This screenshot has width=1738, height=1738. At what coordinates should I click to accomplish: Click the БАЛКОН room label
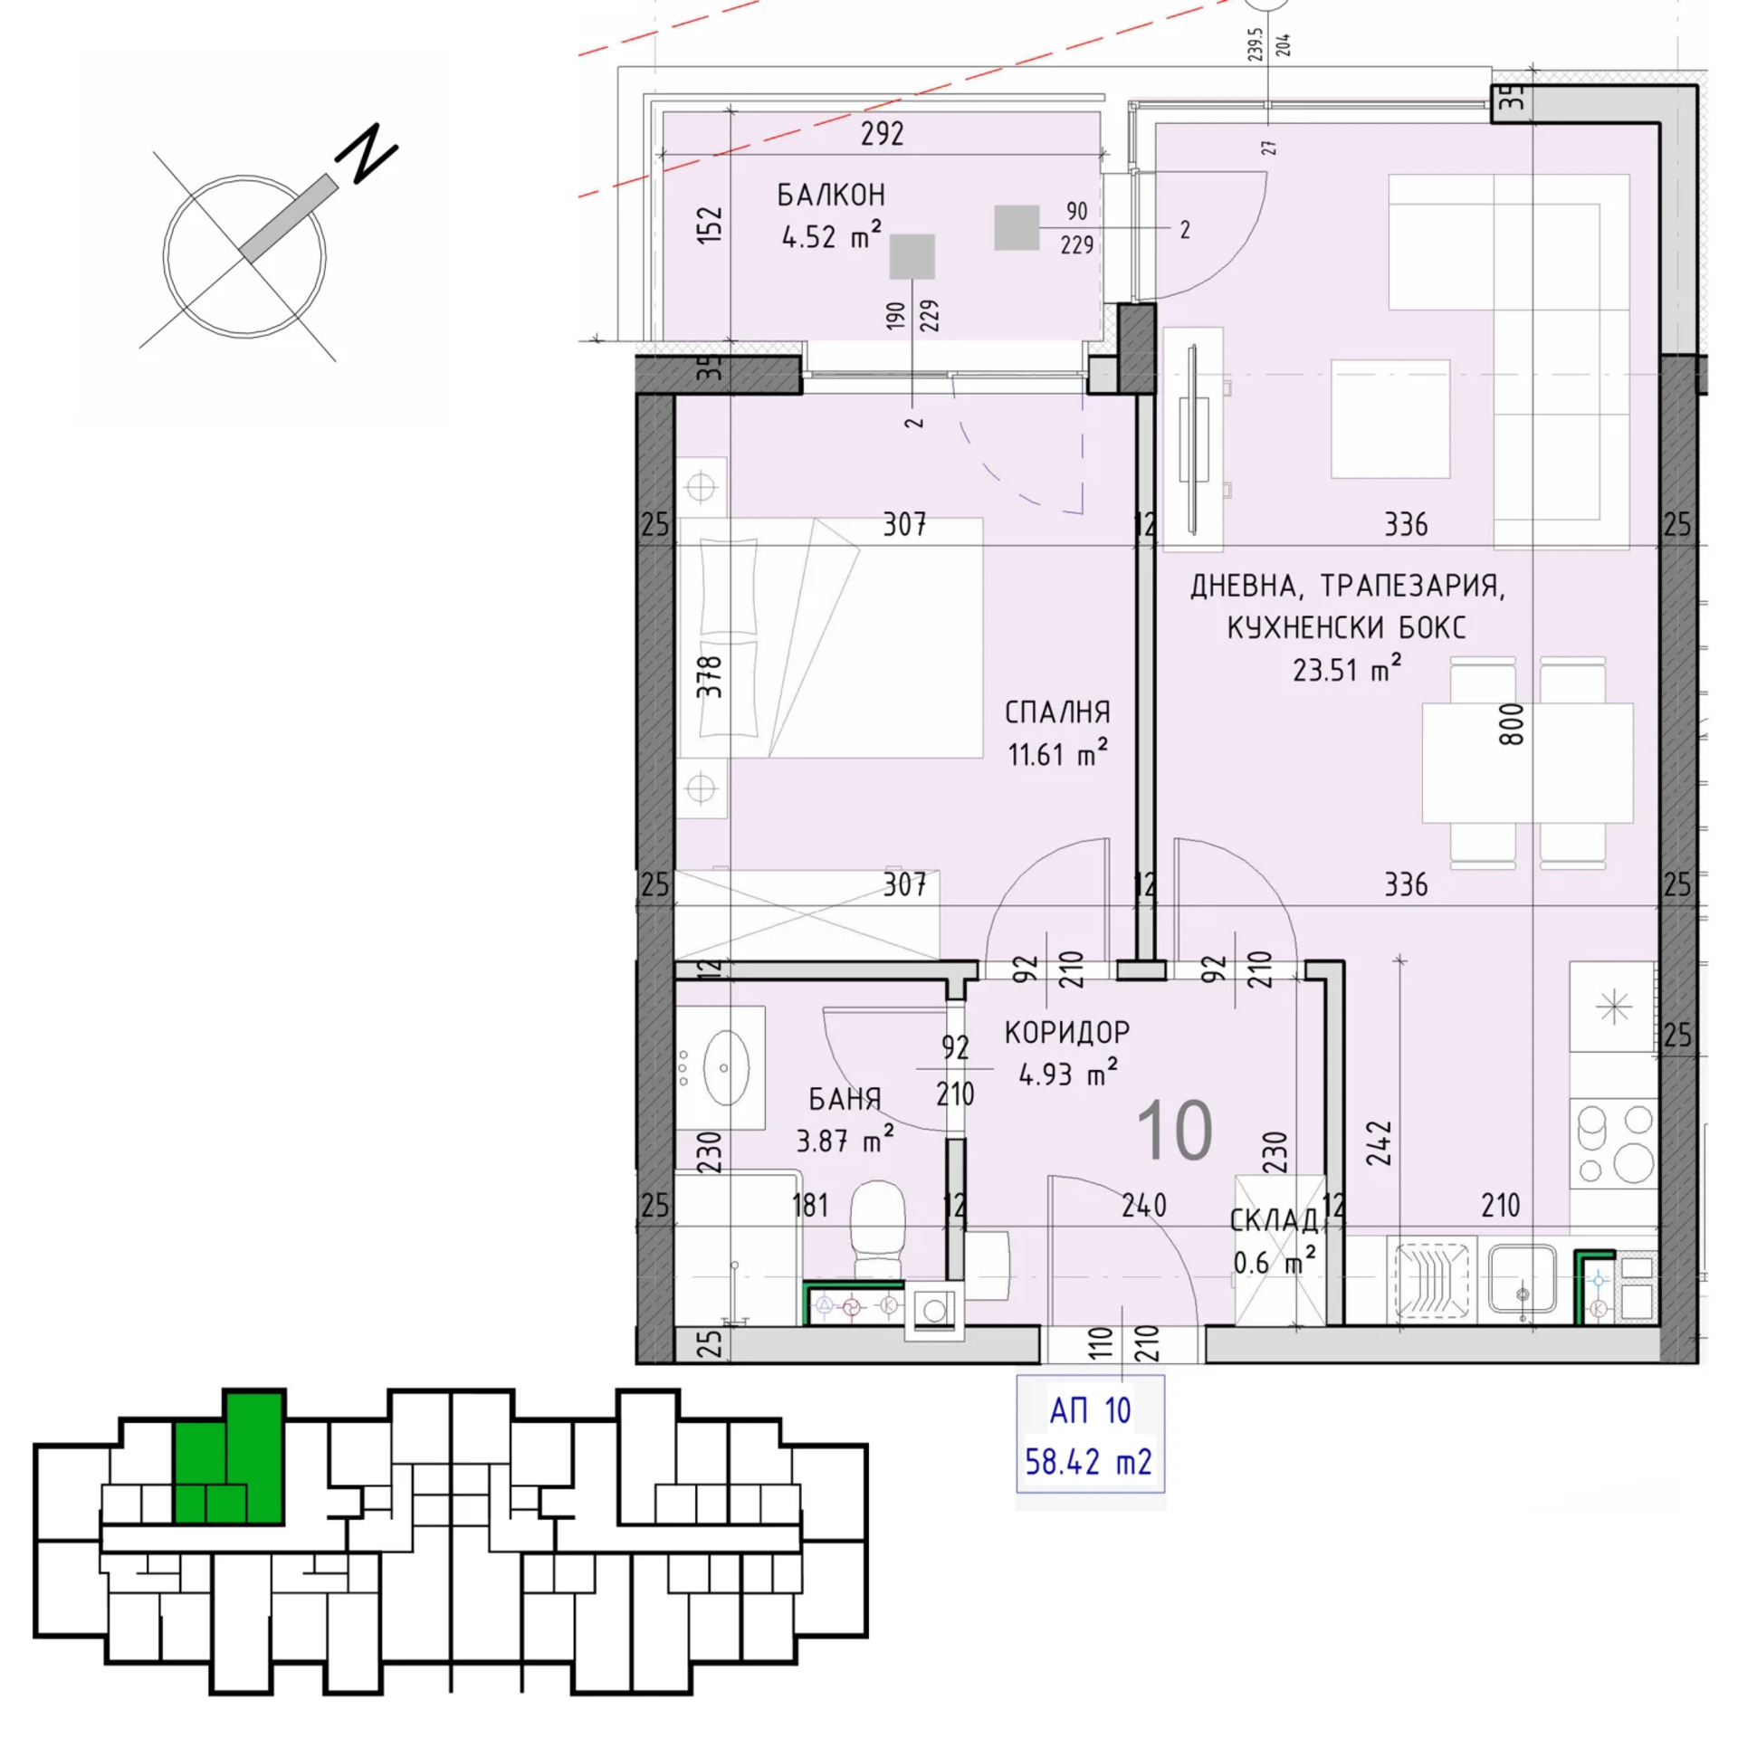830,195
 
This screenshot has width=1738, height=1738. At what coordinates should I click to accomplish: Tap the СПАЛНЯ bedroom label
1057,712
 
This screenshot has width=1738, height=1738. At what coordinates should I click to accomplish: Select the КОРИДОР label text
1067,1032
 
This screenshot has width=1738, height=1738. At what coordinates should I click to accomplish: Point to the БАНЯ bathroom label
845,1099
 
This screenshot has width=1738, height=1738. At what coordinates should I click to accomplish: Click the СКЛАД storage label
1274,1220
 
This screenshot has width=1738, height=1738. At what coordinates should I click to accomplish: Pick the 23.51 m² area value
1347,669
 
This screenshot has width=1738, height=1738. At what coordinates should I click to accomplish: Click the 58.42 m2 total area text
1089,1462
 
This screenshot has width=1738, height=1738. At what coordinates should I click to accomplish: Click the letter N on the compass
367,152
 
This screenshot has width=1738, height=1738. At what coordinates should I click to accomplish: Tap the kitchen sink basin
1523,1278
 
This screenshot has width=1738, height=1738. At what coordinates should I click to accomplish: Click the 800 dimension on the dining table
1511,724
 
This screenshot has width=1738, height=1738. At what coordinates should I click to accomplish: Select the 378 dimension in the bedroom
710,676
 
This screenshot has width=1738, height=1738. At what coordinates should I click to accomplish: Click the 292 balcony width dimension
882,134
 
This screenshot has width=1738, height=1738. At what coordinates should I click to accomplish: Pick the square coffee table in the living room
1390,418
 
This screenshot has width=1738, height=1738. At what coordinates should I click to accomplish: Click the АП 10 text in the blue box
1090,1410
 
